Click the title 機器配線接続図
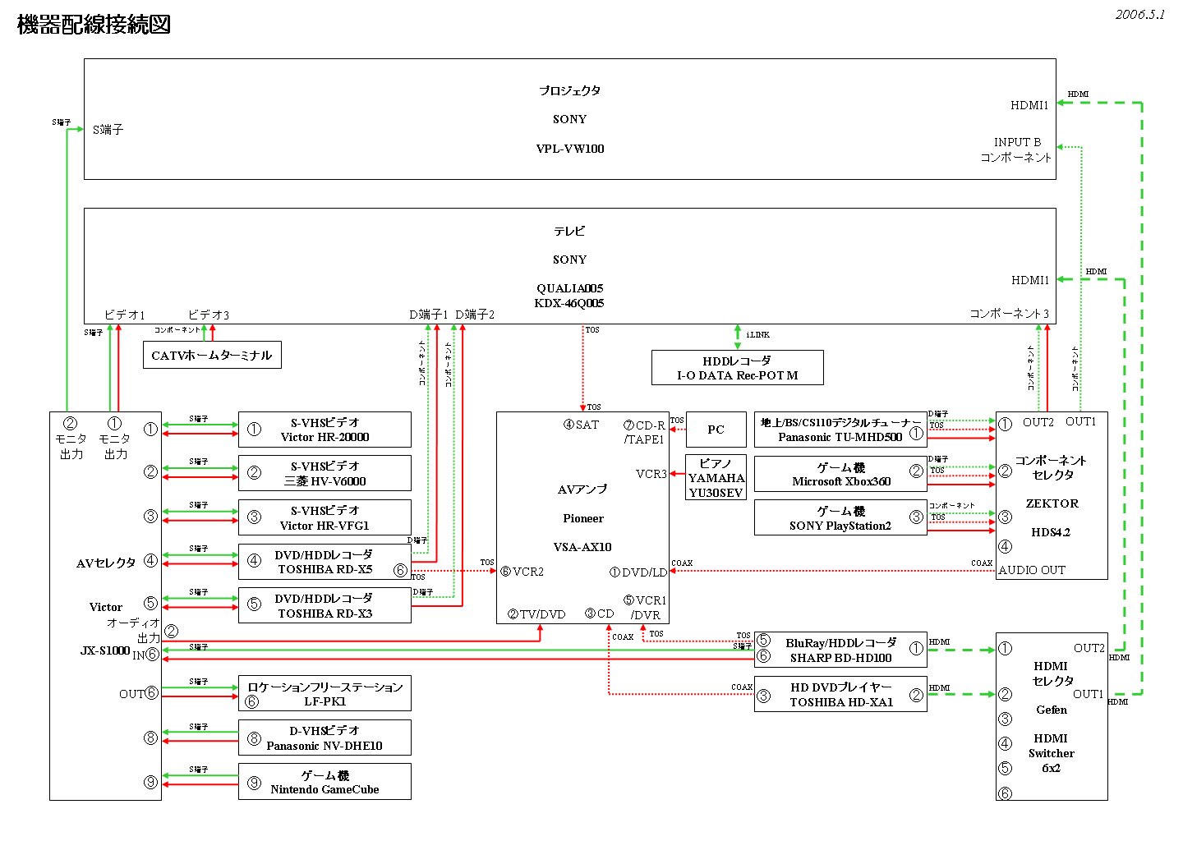coord(94,25)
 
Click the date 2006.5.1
coord(1139,15)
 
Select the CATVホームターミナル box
coord(212,355)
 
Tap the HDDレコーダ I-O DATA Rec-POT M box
coord(737,368)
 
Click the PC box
coord(716,430)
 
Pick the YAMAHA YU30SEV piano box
coord(716,477)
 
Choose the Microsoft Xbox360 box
coord(840,474)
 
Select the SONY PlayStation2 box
coord(840,518)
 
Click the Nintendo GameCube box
coord(325,782)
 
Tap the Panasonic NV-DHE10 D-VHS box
coord(325,738)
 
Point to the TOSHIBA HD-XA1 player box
coord(840,695)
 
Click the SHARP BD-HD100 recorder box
coord(840,650)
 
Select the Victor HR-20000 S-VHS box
coord(325,430)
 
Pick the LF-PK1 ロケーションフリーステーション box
coord(325,694)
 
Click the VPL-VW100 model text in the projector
coord(570,149)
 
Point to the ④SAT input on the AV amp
coord(581,425)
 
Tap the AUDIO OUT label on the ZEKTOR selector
coord(1032,570)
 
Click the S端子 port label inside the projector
coord(108,130)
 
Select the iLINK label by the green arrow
coord(757,335)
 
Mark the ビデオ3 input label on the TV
coord(209,315)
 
